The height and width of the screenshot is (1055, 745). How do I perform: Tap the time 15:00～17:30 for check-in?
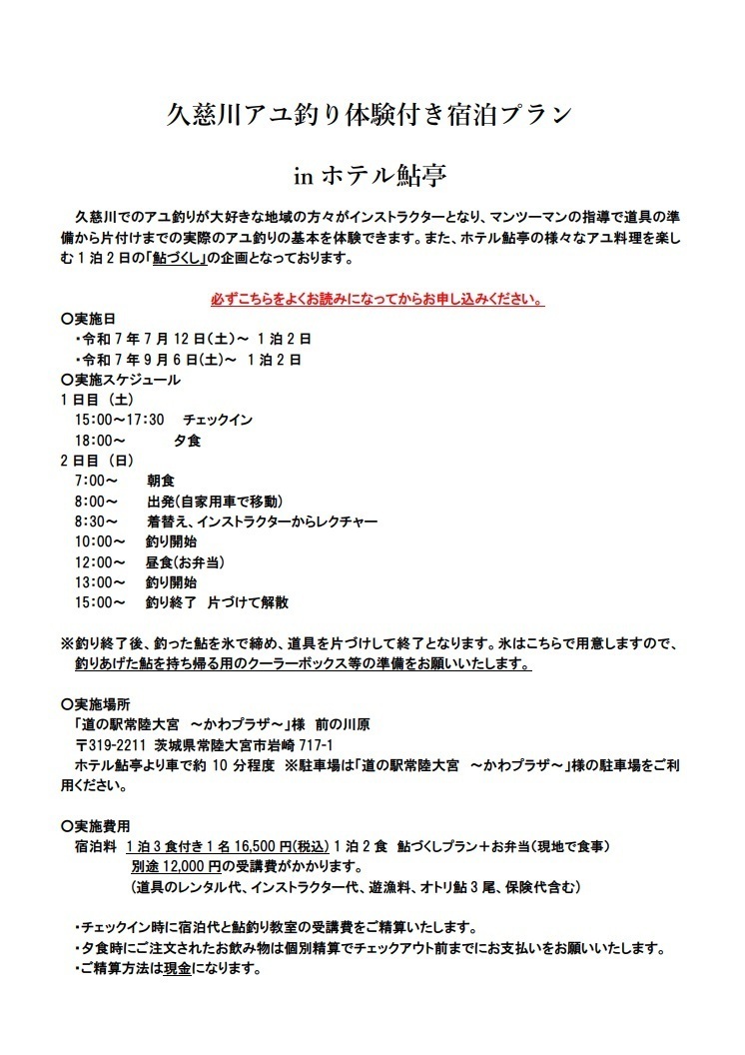pyautogui.click(x=118, y=420)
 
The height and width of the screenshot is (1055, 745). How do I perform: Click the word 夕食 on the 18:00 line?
pyautogui.click(x=187, y=440)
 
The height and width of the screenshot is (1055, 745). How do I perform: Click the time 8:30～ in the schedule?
pyautogui.click(x=96, y=522)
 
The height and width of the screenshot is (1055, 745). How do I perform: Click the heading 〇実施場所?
pyautogui.click(x=94, y=704)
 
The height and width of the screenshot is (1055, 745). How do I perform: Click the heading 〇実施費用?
pyautogui.click(x=94, y=826)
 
